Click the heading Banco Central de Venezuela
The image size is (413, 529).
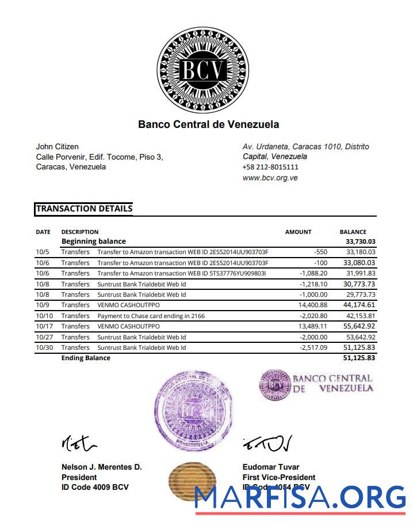click(x=208, y=124)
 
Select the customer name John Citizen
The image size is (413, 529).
click(x=58, y=146)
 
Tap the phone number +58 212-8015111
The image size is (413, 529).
click(x=270, y=167)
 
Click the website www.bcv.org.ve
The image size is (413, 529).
click(x=270, y=178)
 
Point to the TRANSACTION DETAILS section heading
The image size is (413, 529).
click(x=84, y=209)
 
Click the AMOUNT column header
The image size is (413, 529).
click(x=298, y=232)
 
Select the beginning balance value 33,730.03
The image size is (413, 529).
click(x=360, y=241)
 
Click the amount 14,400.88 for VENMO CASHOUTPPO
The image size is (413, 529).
click(x=311, y=305)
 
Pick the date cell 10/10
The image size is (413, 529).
click(x=44, y=316)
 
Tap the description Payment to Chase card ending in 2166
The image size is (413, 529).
click(x=151, y=316)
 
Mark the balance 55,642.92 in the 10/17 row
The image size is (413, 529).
click(x=360, y=326)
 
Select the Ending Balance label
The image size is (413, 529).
click(x=86, y=358)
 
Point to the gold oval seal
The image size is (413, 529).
click(x=192, y=480)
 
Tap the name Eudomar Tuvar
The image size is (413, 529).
click(x=271, y=467)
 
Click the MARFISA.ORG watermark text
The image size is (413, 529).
click(x=299, y=497)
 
